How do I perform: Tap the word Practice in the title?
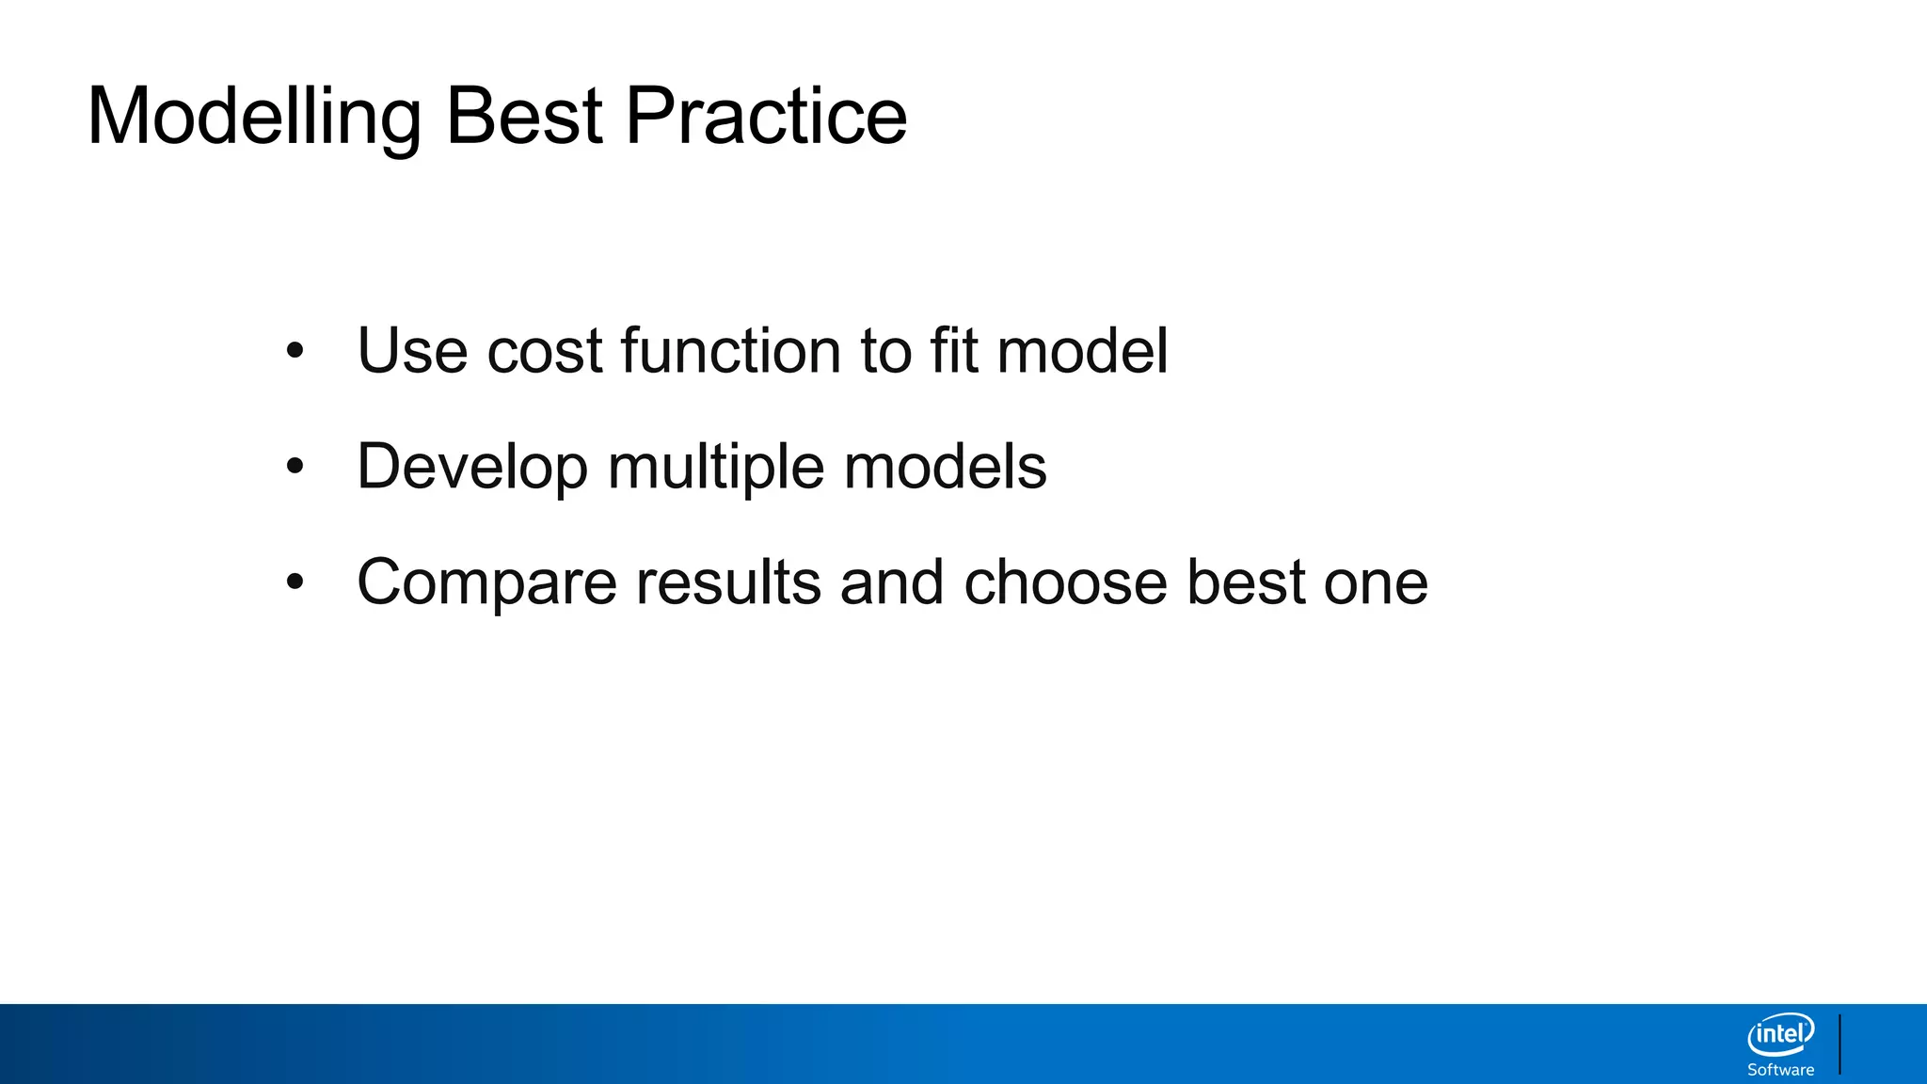click(766, 118)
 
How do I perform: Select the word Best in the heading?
click(523, 118)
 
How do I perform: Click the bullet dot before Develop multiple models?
click(295, 467)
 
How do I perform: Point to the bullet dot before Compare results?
click(295, 582)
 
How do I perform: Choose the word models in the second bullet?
click(945, 467)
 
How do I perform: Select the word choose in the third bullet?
click(1065, 582)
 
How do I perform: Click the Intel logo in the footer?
click(1780, 1035)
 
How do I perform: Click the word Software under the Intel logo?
click(1780, 1070)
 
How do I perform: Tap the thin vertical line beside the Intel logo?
click(1839, 1044)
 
